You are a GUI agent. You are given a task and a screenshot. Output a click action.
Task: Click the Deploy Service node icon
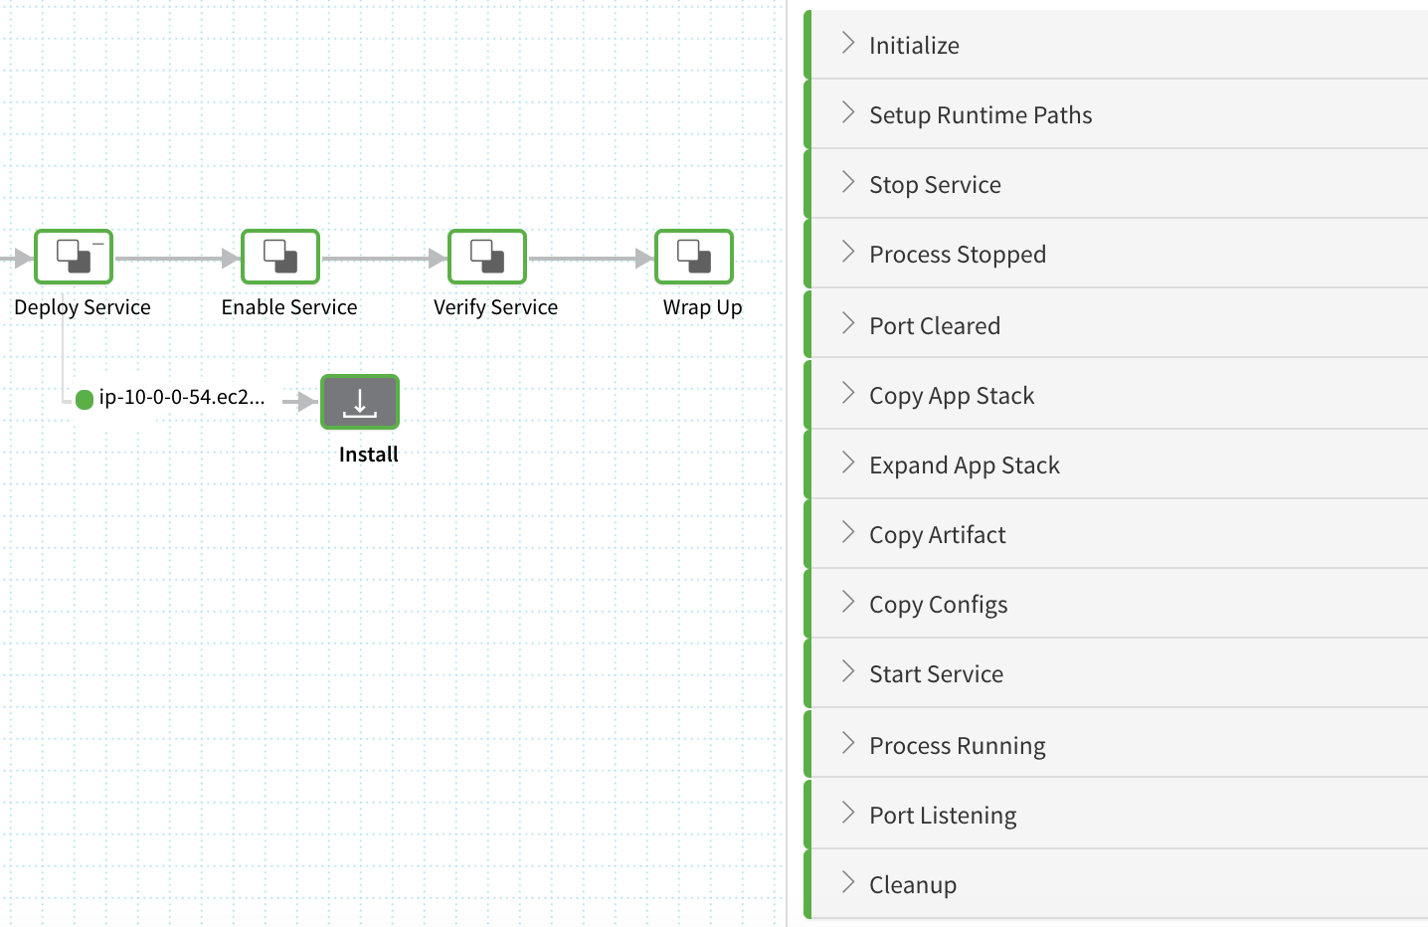click(74, 257)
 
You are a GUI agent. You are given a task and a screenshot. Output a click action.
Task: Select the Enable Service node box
click(279, 257)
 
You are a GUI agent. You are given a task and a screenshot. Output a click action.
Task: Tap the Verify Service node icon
click(487, 257)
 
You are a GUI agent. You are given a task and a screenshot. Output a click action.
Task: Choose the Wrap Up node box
click(693, 257)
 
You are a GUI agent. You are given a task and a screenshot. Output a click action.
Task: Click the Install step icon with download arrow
click(360, 402)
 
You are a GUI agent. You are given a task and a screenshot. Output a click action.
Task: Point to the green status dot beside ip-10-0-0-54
click(85, 400)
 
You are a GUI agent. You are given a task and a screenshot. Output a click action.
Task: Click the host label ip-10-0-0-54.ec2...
click(182, 397)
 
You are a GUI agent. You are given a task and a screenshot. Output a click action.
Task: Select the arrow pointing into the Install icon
click(299, 402)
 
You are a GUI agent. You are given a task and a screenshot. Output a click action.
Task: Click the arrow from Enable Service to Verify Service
click(384, 259)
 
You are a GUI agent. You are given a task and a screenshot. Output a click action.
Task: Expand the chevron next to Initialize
click(848, 44)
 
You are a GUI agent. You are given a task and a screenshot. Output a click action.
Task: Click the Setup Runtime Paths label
click(981, 115)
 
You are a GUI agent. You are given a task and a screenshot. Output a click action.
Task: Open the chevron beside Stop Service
click(848, 182)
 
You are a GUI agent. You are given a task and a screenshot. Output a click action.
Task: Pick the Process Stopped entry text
click(958, 255)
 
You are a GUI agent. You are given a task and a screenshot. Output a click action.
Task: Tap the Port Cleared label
click(935, 326)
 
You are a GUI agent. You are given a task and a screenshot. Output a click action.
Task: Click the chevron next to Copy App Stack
click(848, 393)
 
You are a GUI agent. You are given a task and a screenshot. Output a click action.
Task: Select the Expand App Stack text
click(964, 465)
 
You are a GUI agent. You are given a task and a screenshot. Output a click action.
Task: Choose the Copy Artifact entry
click(937, 535)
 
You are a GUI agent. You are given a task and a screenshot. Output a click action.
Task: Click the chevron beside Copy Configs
click(848, 602)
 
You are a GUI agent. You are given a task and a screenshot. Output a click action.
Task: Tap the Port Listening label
click(943, 816)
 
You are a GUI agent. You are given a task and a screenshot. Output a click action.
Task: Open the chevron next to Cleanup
click(848, 882)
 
